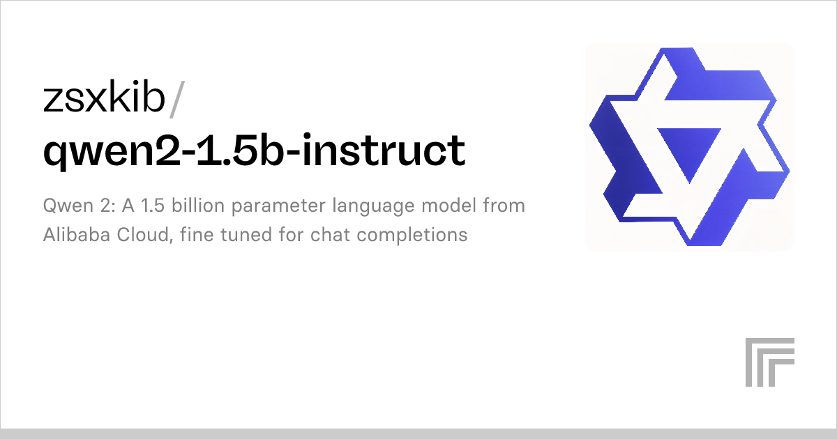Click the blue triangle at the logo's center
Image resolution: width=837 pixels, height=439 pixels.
(x=689, y=150)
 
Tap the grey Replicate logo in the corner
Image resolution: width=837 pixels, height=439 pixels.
(x=769, y=362)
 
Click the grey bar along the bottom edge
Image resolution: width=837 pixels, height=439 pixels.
(x=418, y=433)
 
